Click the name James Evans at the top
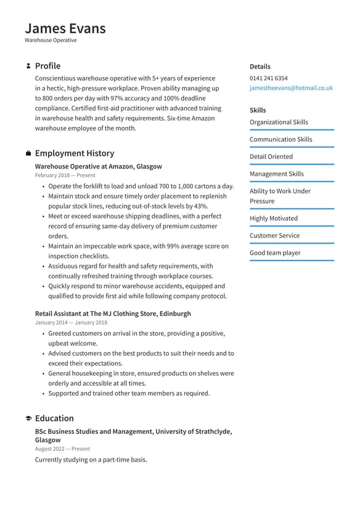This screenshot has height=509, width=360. click(x=65, y=28)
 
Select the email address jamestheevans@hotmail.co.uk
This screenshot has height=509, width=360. click(x=291, y=88)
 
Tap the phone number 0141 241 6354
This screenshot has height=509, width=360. click(x=268, y=78)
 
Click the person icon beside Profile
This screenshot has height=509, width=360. click(x=28, y=66)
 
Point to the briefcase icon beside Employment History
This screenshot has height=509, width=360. click(x=28, y=153)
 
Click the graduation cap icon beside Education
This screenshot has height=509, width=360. click(x=28, y=418)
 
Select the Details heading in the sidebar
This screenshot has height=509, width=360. click(x=260, y=67)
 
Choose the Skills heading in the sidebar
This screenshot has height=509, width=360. click(x=258, y=110)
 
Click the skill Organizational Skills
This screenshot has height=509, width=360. click(x=279, y=122)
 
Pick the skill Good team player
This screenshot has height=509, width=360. click(x=275, y=253)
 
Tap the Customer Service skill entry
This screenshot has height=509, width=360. click(x=274, y=236)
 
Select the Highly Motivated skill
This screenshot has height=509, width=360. click(x=273, y=218)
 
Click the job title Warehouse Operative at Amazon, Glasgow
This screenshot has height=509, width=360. click(x=99, y=167)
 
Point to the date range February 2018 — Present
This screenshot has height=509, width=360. click(x=65, y=176)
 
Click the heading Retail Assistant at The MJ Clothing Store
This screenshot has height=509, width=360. click(x=113, y=313)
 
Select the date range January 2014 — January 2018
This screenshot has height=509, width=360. click(x=71, y=323)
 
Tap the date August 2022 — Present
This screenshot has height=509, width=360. click(x=62, y=449)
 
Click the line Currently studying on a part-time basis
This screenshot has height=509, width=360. click(x=91, y=460)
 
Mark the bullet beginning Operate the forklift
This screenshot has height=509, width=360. click(x=141, y=186)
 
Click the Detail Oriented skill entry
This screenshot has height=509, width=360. click(x=271, y=157)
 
